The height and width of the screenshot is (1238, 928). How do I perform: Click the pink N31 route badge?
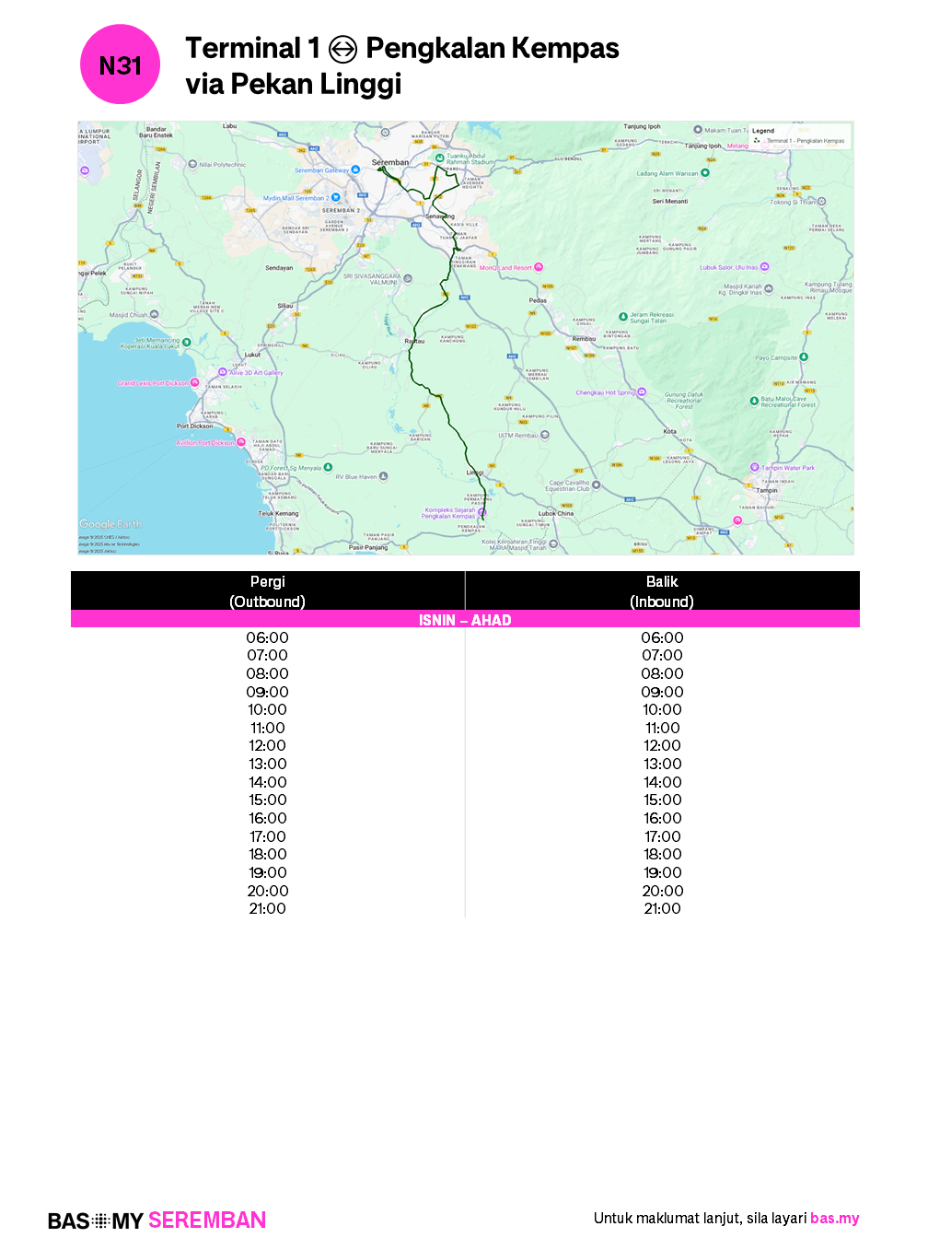tap(121, 65)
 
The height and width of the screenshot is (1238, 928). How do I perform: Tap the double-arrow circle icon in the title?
tap(342, 49)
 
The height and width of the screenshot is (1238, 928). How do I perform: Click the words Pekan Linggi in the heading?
tap(316, 85)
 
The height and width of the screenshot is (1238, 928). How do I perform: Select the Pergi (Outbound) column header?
tap(267, 591)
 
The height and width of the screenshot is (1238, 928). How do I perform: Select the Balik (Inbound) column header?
tap(662, 591)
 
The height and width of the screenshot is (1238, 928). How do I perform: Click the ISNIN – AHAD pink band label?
tap(465, 620)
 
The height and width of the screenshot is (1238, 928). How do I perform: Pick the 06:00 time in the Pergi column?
tap(267, 637)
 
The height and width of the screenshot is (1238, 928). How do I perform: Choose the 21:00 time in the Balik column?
tap(662, 908)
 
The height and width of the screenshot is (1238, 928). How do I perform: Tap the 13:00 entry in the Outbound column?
tap(267, 764)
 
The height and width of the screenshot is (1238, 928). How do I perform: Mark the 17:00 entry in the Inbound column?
tap(662, 836)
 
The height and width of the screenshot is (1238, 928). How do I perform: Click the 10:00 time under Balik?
tap(662, 709)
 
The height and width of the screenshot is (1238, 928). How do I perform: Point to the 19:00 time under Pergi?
tap(267, 872)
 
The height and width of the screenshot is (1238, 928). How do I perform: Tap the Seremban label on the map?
tap(390, 162)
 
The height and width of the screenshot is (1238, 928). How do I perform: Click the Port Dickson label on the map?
tap(194, 426)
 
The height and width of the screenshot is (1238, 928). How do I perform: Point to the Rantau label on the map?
tap(414, 341)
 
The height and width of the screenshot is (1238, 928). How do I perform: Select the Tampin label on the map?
tap(767, 490)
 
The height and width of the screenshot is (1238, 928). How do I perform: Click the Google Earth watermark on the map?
tap(110, 524)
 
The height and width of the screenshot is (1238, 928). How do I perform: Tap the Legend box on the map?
tap(800, 136)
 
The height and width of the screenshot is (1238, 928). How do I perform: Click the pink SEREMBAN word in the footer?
tap(207, 1220)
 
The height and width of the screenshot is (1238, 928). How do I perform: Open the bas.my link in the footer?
tap(834, 1218)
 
